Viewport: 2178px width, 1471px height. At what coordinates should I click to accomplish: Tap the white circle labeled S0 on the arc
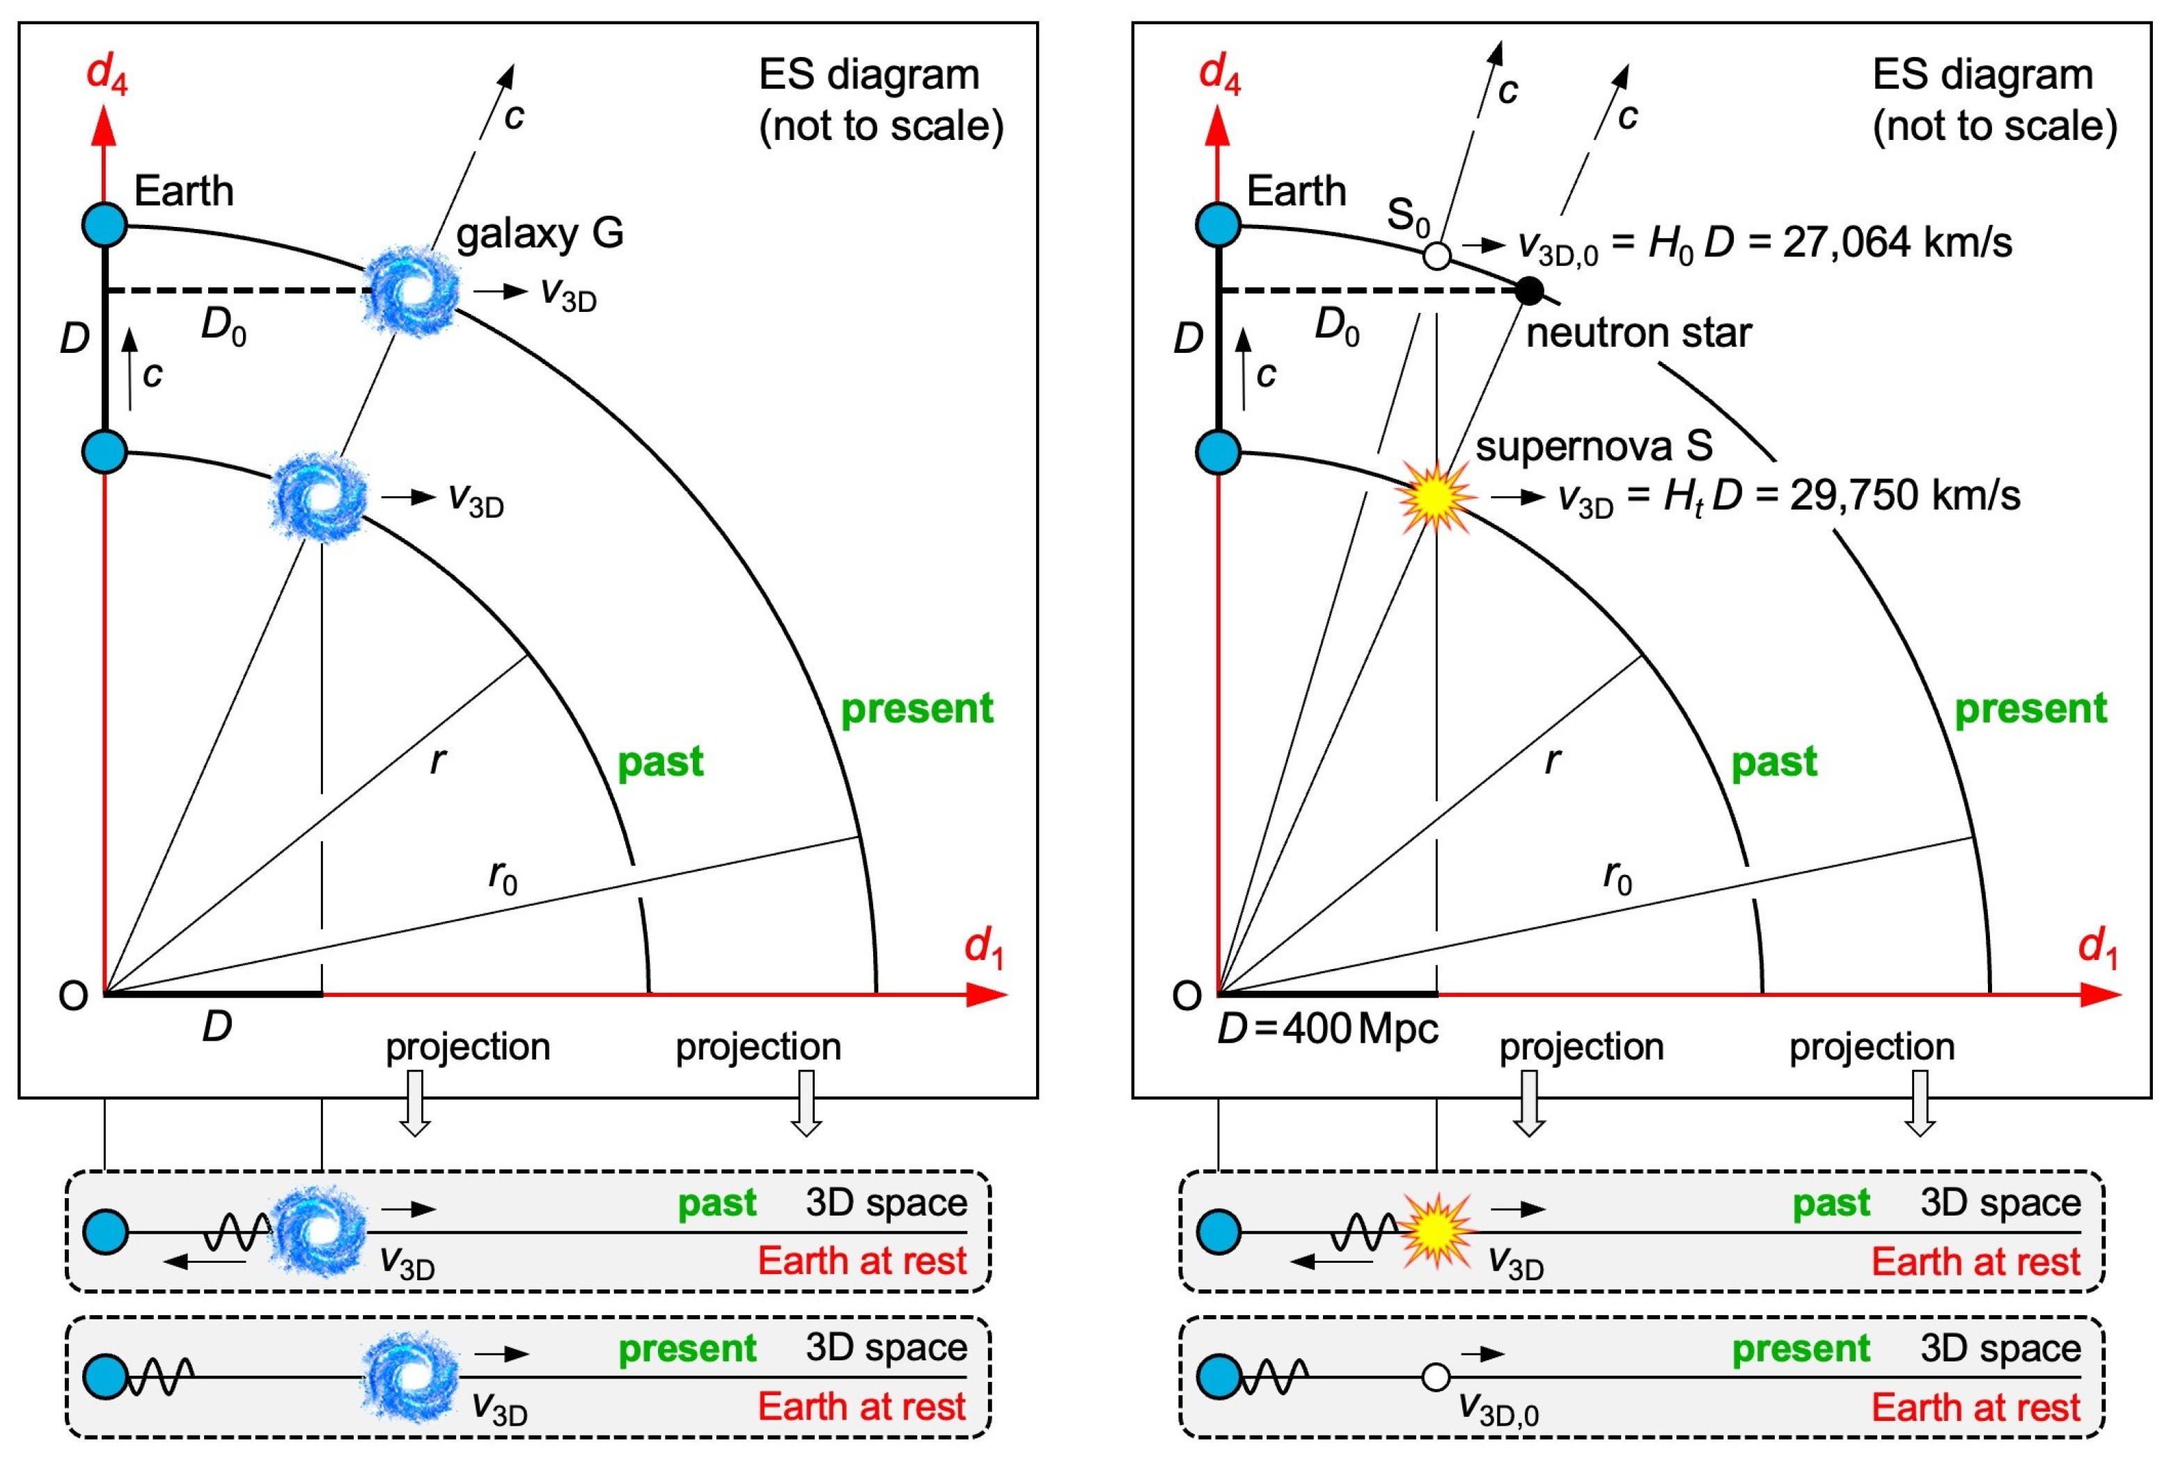pyautogui.click(x=1436, y=255)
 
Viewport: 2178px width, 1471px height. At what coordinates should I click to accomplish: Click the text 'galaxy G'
pyautogui.click(x=540, y=233)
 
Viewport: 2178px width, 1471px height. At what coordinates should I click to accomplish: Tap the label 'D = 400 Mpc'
pyautogui.click(x=1327, y=1029)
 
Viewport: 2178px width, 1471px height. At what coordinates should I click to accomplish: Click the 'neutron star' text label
pyautogui.click(x=1638, y=333)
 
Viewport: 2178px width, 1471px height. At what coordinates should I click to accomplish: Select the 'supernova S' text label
pyautogui.click(x=1593, y=446)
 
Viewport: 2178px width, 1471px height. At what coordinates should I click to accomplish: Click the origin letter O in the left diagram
pyautogui.click(x=73, y=995)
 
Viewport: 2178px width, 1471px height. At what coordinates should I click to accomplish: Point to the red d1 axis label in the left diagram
pyautogui.click(x=984, y=948)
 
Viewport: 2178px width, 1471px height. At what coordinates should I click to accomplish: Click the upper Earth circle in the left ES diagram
pyautogui.click(x=105, y=225)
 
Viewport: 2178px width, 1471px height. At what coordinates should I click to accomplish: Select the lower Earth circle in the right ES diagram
pyautogui.click(x=1219, y=452)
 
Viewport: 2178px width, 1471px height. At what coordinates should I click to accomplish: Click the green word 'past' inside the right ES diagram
pyautogui.click(x=1773, y=762)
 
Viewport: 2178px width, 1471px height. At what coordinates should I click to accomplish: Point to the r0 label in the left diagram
pyautogui.click(x=502, y=877)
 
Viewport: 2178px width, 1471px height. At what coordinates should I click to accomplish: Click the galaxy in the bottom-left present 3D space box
pyautogui.click(x=411, y=1376)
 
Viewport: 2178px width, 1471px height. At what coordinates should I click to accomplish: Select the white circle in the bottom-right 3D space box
pyautogui.click(x=1436, y=1376)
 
